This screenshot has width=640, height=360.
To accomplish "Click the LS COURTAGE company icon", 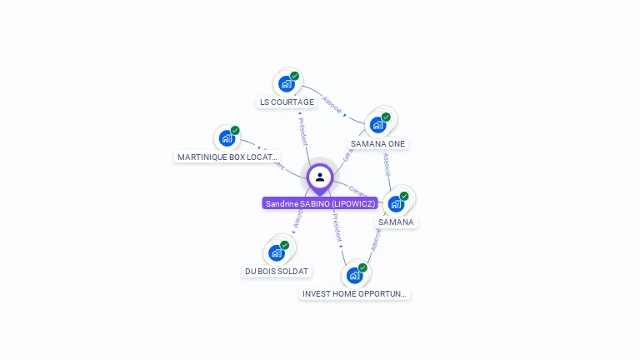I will tap(287, 83).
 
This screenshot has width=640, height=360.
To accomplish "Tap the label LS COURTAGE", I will tap(287, 102).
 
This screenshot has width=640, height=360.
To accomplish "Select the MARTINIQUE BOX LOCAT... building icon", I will tap(227, 138).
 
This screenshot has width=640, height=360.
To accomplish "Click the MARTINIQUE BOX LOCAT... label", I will tap(227, 157).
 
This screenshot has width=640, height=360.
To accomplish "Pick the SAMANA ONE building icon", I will tap(378, 125).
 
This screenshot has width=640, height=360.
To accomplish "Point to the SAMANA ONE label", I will tap(377, 143).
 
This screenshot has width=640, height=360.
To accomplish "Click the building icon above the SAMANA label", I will tap(396, 203).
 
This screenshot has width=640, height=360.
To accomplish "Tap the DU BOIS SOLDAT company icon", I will tap(277, 252).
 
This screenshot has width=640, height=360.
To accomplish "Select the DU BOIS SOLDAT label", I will tap(277, 272).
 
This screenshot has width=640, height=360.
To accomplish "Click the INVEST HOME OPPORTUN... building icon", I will tap(355, 275).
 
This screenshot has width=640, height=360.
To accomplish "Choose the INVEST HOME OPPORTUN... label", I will tap(355, 294).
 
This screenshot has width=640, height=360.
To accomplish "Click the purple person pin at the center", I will tap(320, 177).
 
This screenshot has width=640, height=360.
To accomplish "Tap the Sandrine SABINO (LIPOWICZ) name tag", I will tap(320, 203).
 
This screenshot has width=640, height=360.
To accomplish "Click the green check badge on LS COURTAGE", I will tap(294, 76).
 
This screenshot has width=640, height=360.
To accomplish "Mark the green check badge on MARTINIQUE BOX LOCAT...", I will tap(235, 131).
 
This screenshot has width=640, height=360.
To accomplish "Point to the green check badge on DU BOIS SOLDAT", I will tap(284, 245).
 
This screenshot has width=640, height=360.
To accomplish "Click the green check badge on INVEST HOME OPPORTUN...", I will tap(362, 267).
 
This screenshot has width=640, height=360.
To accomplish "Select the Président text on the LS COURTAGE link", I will tap(303, 131).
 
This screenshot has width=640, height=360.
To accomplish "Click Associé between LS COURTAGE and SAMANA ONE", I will tap(332, 104).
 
